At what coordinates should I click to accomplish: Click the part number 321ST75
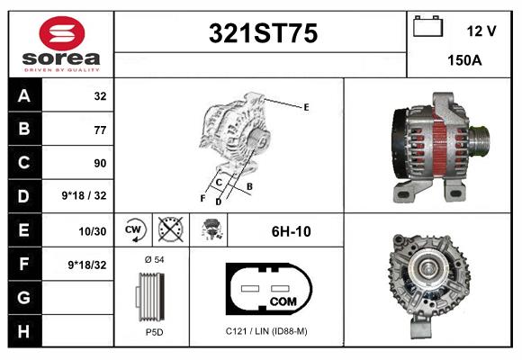click(x=263, y=33)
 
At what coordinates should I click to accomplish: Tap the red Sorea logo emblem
click(x=62, y=33)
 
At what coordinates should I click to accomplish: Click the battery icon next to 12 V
click(x=427, y=26)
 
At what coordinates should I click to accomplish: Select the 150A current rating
click(x=464, y=60)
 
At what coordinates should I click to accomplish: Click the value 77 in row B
click(x=100, y=130)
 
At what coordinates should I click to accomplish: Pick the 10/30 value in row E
click(x=92, y=231)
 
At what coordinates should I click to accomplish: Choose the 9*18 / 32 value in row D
click(x=84, y=195)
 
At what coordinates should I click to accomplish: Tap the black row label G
click(x=24, y=297)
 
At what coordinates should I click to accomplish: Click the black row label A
click(x=24, y=95)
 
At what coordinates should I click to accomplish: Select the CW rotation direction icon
click(x=133, y=229)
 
